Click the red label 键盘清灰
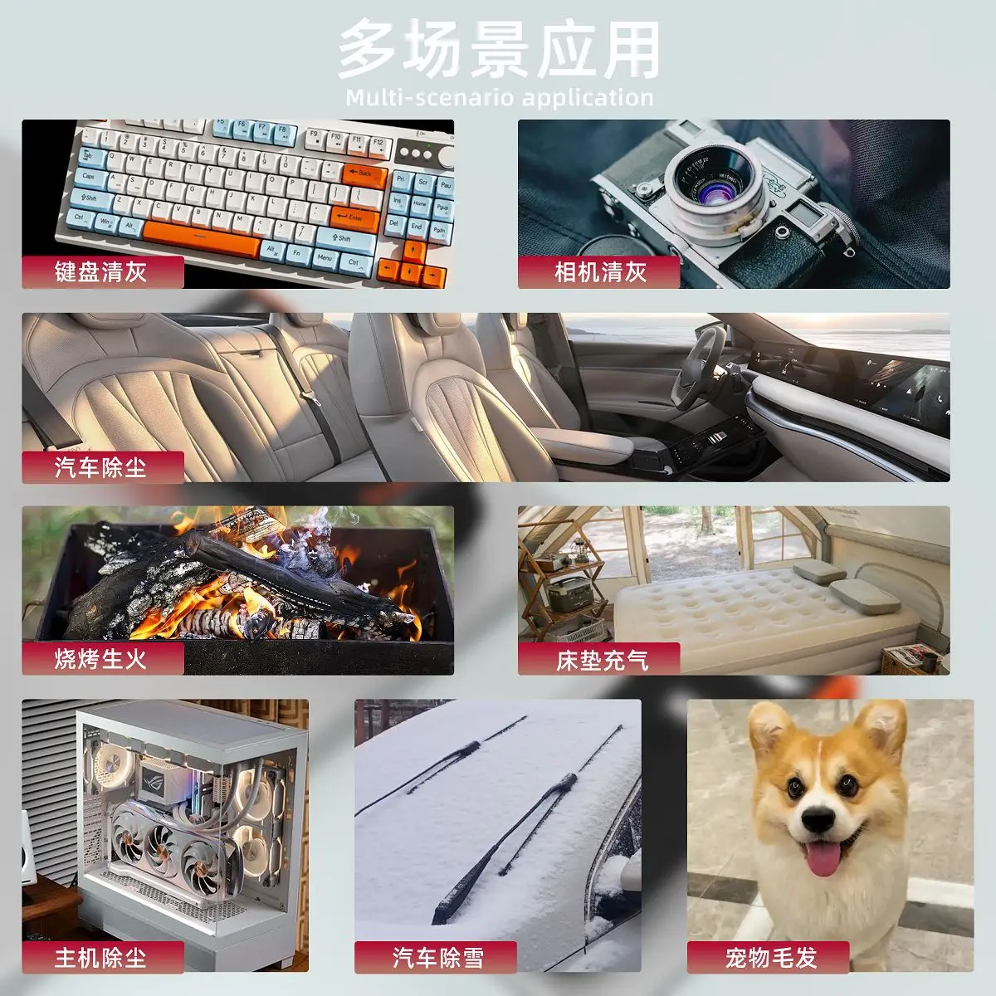(102, 272)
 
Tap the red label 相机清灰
(599, 272)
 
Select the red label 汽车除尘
(102, 467)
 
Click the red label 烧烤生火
(102, 659)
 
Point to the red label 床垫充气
(599, 659)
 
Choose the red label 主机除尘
(102, 958)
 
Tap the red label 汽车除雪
(437, 958)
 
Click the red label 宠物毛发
(769, 958)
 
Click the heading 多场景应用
(498, 50)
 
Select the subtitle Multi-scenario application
(498, 98)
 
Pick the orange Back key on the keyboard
(364, 173)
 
